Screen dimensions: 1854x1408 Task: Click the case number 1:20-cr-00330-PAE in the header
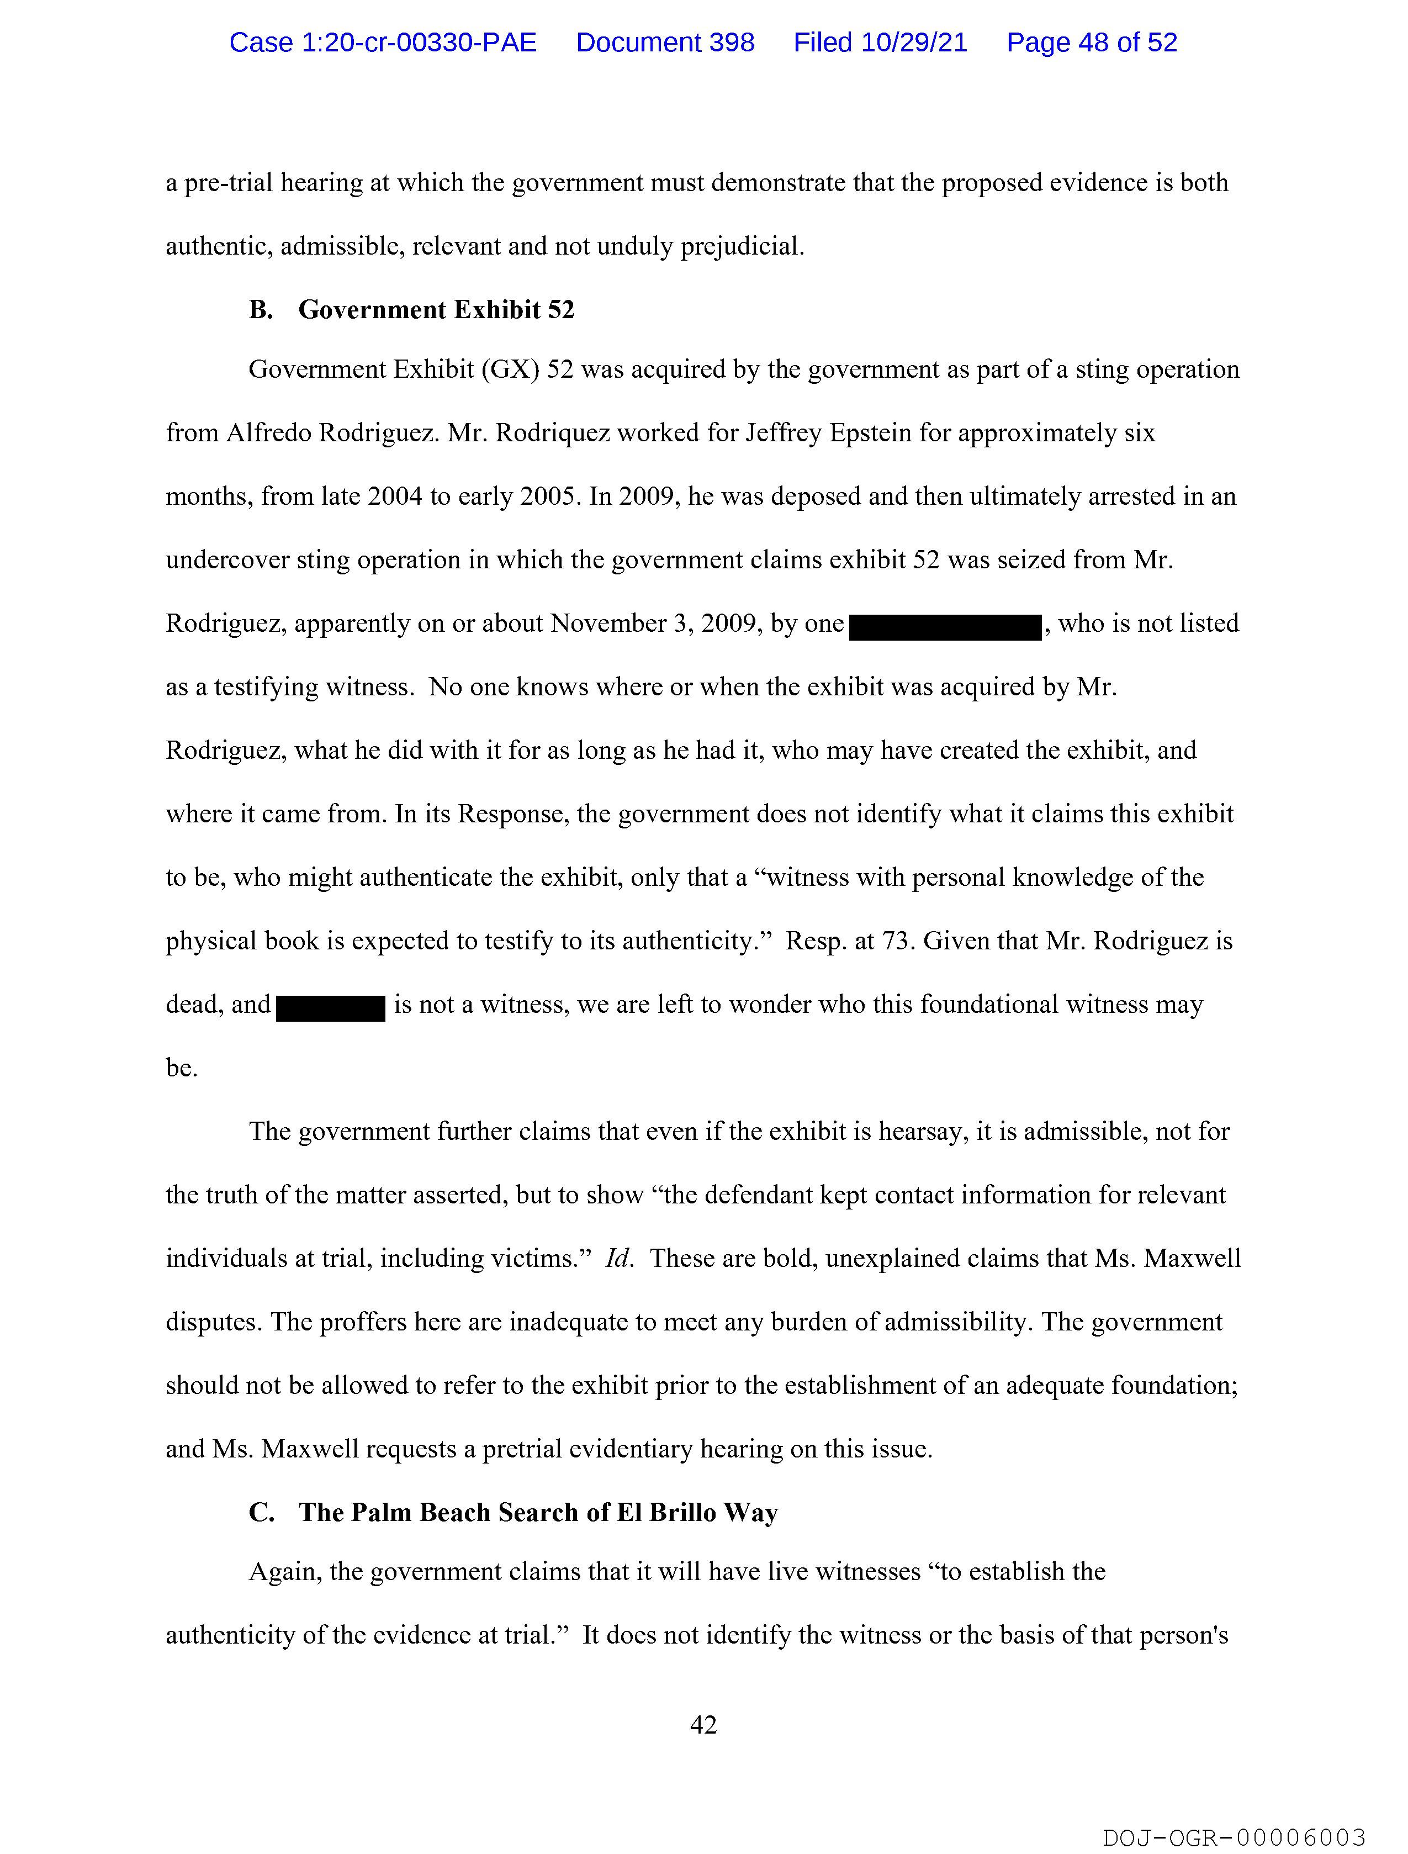(x=383, y=43)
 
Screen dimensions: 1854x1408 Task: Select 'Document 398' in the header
(x=665, y=43)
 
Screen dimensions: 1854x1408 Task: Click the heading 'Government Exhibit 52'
(x=436, y=310)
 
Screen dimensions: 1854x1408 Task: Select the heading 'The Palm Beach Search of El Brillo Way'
(x=538, y=1512)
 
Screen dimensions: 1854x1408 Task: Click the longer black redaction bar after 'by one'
(x=945, y=627)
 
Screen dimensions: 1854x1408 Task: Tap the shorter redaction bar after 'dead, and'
(x=330, y=1007)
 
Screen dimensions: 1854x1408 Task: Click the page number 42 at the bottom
(x=703, y=1724)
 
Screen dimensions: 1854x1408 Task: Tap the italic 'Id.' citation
(x=618, y=1258)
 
